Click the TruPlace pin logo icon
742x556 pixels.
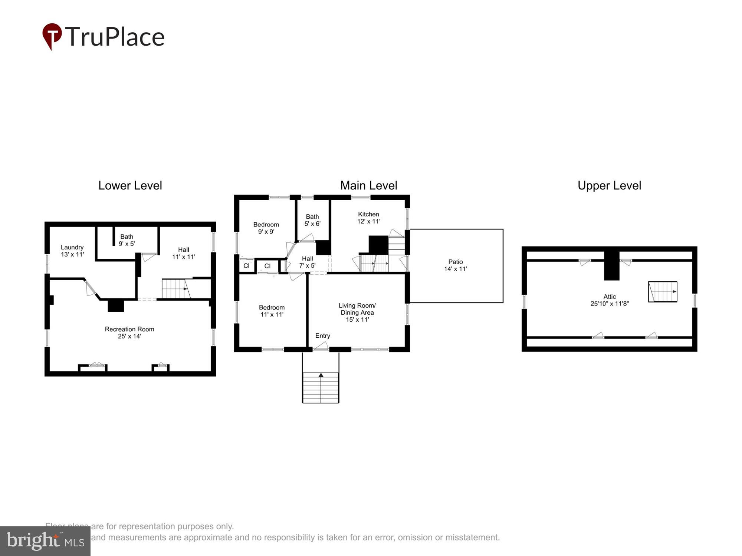52,36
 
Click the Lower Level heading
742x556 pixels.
130,185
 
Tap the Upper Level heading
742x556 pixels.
609,185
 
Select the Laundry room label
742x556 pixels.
72,251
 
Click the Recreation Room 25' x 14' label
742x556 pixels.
129,332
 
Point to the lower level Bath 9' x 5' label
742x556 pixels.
127,240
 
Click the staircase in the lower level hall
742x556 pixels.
176,289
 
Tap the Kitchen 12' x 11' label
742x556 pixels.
368,218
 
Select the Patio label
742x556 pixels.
455,265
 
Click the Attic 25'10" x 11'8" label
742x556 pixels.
609,300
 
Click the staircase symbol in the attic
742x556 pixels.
663,292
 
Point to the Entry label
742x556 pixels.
322,335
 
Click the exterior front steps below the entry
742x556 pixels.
321,387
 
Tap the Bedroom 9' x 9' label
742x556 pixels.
266,228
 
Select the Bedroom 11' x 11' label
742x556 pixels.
272,311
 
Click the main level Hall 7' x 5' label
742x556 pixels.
307,262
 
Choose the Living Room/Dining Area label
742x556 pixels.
357,312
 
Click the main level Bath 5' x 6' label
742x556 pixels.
312,220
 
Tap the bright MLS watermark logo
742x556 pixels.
45,541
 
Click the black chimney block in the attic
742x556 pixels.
611,266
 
